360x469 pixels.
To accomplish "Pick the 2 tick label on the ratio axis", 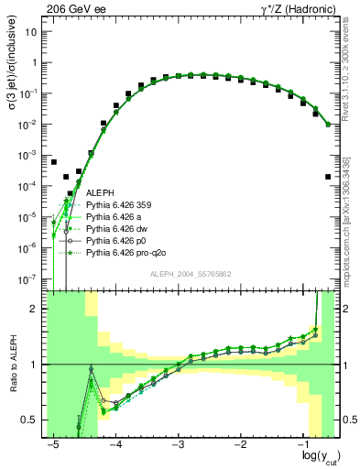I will tap(35, 309).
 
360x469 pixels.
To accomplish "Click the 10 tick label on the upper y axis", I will tap(32, 32).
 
